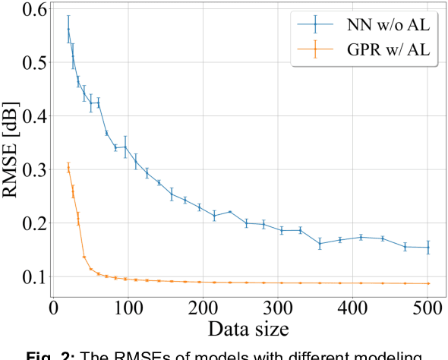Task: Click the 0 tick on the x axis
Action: (53, 310)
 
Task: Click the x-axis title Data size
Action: (241, 330)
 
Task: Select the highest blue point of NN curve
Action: (68, 29)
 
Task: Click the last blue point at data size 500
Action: (428, 248)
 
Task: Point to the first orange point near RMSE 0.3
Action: (68, 168)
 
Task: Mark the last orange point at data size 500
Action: (428, 283)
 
